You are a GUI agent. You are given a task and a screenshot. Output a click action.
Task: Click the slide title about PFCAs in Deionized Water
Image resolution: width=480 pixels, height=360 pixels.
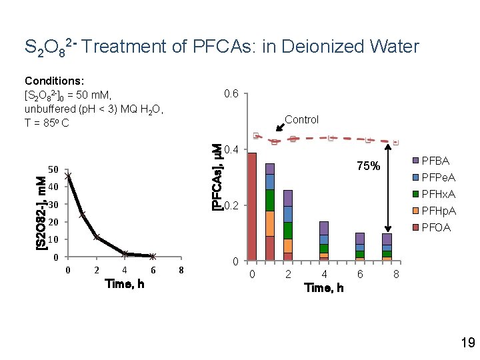(221, 47)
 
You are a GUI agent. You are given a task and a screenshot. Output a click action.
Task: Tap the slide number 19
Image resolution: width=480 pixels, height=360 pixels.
(467, 343)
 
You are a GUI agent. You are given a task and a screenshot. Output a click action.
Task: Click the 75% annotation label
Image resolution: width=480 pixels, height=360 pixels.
(368, 167)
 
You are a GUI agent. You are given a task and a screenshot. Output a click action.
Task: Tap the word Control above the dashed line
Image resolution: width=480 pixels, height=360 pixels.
(301, 120)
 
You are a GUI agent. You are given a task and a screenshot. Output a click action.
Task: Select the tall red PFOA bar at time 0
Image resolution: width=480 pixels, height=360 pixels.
(252, 207)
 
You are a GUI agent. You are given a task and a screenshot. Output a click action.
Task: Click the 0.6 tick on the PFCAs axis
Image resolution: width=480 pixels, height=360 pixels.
(232, 93)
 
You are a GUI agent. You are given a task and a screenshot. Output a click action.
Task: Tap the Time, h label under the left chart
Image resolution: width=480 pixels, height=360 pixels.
(125, 284)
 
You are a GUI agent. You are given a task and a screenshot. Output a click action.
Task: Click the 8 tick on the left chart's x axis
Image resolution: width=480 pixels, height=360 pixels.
(181, 270)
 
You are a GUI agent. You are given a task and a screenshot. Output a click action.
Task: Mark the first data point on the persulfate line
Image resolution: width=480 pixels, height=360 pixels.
(69, 177)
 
